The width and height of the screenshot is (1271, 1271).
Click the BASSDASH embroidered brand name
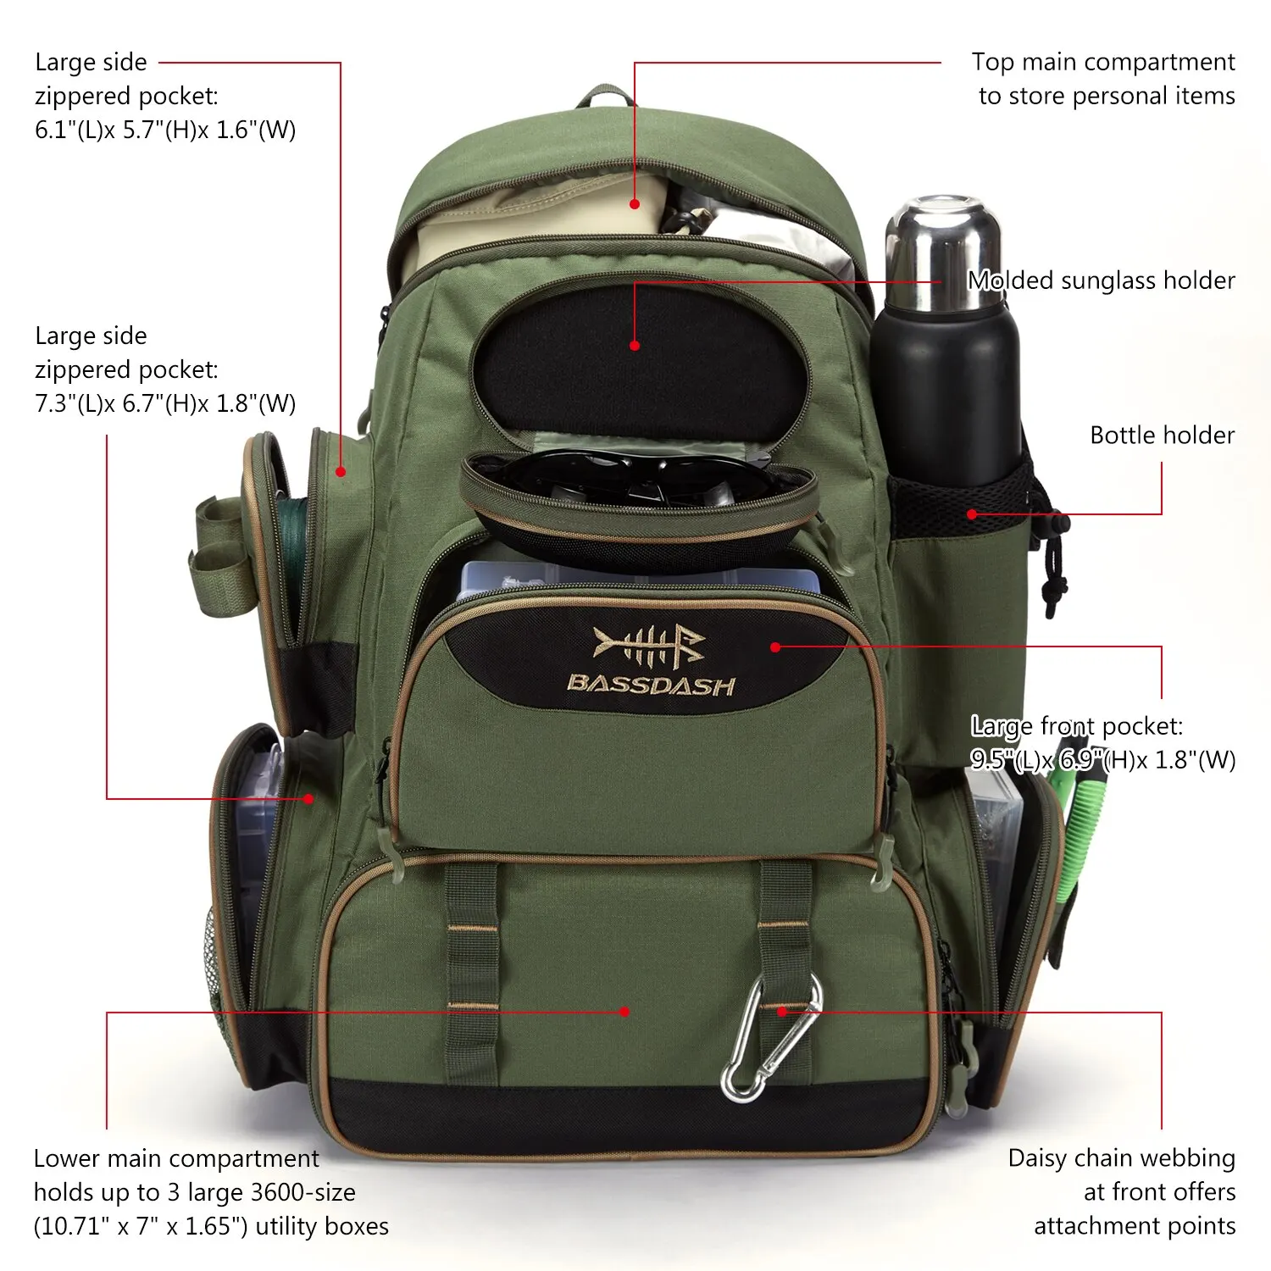pyautogui.click(x=650, y=685)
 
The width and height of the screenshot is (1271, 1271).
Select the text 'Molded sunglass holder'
pyautogui.click(x=1101, y=280)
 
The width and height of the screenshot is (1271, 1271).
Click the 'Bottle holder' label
pyautogui.click(x=1162, y=436)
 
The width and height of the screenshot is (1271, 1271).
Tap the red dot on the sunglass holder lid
pyautogui.click(x=635, y=346)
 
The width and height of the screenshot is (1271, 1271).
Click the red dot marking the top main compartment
pyautogui.click(x=635, y=204)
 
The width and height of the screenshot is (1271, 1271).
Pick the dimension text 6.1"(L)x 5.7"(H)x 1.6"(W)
pyautogui.click(x=165, y=130)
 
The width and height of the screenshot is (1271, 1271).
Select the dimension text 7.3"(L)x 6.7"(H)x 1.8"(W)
pyautogui.click(x=165, y=403)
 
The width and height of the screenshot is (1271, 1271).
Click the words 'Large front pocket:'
pyautogui.click(x=1076, y=726)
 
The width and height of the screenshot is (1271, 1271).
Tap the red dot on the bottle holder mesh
pyautogui.click(x=972, y=514)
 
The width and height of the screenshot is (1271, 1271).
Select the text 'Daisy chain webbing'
pyautogui.click(x=1121, y=1158)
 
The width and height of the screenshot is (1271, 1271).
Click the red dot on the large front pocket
pyautogui.click(x=774, y=647)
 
